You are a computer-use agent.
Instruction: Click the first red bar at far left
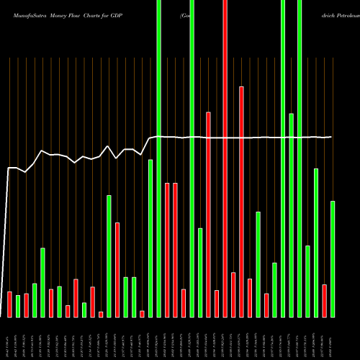(x=9, y=304)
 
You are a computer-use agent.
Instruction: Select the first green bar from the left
(x=18, y=306)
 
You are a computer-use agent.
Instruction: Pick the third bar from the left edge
(x=26, y=305)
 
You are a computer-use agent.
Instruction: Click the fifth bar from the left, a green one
(x=42, y=282)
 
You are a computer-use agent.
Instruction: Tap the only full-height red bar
(x=225, y=158)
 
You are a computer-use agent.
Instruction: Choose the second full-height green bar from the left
(x=192, y=158)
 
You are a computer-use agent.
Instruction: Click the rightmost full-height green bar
(x=300, y=158)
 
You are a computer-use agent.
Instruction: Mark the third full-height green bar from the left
(x=283, y=158)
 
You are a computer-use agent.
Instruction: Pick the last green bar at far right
(x=333, y=258)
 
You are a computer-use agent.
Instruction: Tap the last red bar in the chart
(x=325, y=300)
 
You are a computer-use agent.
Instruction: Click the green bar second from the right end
(x=316, y=243)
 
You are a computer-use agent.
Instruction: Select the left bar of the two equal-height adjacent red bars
(x=167, y=250)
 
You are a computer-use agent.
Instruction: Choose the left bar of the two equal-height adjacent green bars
(x=125, y=297)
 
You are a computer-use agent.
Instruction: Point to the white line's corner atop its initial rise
(x=9, y=168)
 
